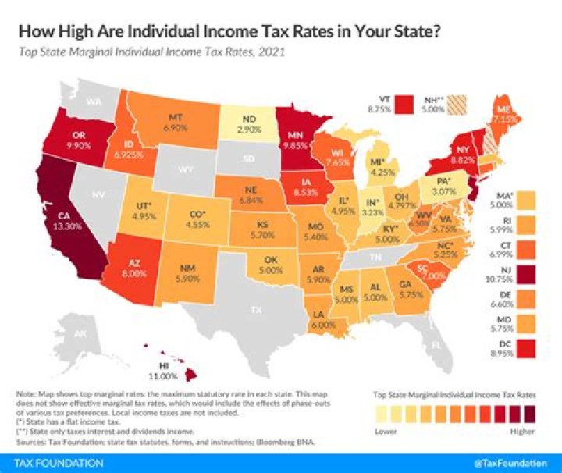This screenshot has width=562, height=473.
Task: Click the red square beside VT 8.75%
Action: [404, 105]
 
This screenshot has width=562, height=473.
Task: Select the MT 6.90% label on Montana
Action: [176, 120]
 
